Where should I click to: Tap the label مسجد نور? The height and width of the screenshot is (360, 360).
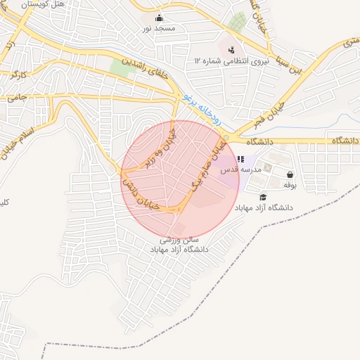pyautogui.click(x=159, y=28)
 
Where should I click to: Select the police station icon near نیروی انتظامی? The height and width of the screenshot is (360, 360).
pyautogui.click(x=231, y=49)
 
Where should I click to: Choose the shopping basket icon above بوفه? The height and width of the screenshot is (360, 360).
pyautogui.click(x=290, y=174)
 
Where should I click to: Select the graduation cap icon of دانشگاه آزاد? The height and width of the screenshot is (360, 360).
pyautogui.click(x=263, y=197)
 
